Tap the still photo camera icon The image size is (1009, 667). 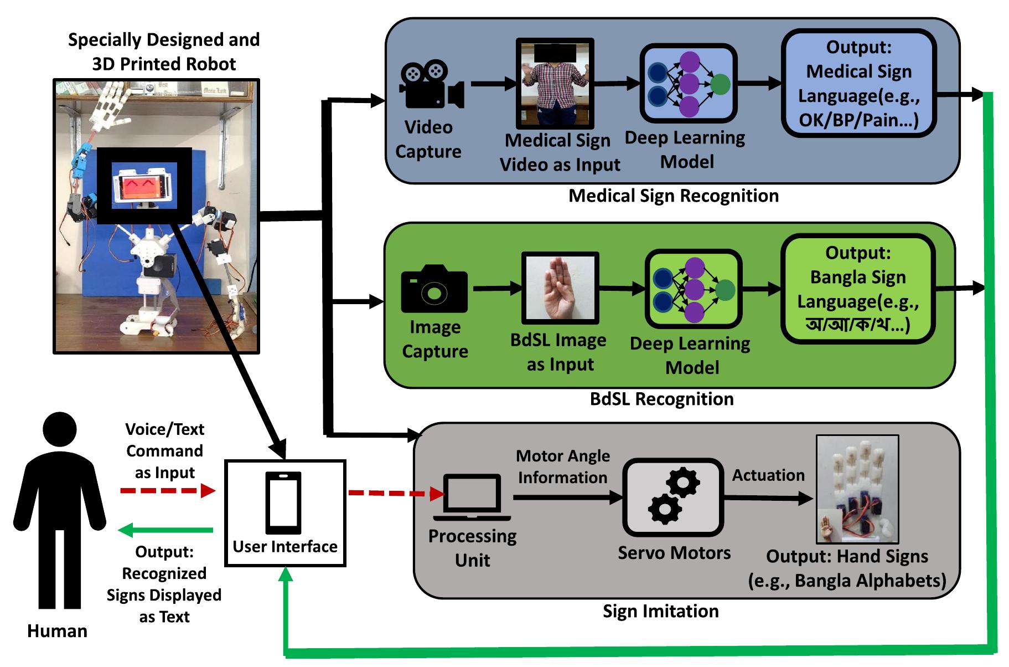(434, 289)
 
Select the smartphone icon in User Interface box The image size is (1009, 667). (283, 502)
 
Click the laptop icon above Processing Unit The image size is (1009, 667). (472, 497)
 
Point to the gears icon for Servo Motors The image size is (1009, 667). (674, 496)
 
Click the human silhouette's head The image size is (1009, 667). (59, 429)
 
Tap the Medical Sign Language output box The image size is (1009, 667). (858, 84)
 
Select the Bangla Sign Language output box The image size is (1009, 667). (857, 289)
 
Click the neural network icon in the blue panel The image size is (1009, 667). (689, 84)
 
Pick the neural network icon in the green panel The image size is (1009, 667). (693, 289)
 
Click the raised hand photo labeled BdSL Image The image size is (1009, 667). (560, 288)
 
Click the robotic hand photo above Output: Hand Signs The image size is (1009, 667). (857, 489)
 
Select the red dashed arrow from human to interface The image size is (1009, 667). (167, 491)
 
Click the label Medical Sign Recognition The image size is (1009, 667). (673, 196)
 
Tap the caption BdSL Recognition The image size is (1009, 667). (661, 399)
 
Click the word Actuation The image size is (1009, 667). (768, 475)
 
